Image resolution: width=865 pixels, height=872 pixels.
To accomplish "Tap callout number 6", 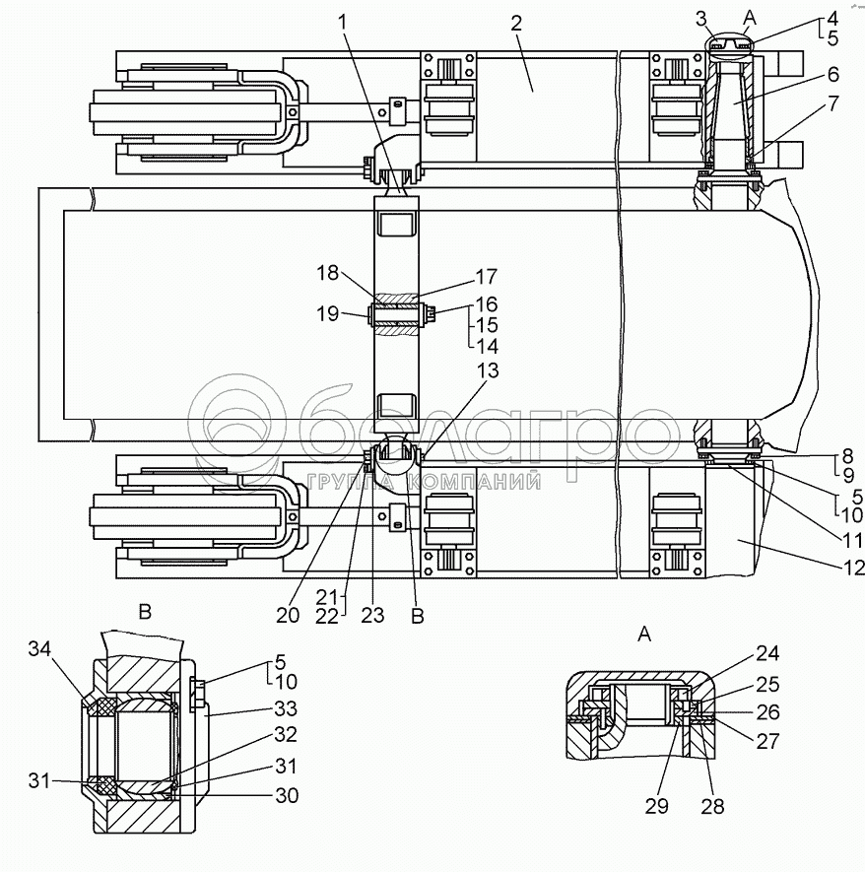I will click(x=832, y=74).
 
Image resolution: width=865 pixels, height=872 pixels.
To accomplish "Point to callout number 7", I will click(x=832, y=101).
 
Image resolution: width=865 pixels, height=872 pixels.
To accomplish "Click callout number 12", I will click(x=853, y=567).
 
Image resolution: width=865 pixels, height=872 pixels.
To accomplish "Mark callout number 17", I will click(x=486, y=277).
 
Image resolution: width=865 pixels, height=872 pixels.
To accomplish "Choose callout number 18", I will click(x=327, y=272).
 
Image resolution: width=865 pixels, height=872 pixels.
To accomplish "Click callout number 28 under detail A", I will click(x=711, y=806).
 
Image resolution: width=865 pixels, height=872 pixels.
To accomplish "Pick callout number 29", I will click(x=656, y=806).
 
